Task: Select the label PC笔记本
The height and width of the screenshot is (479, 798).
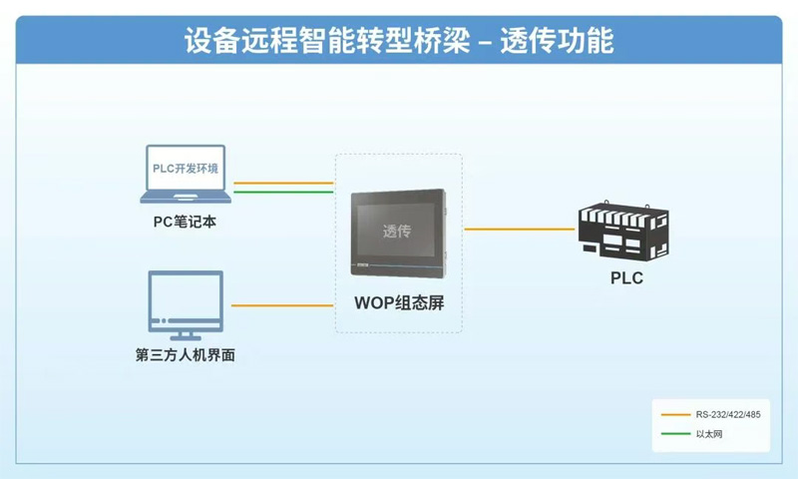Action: pos(185,222)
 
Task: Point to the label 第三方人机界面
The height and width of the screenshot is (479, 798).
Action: pos(185,354)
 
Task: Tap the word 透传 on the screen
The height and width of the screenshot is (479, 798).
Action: pos(397,232)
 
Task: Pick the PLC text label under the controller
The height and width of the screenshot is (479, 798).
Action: pos(626,278)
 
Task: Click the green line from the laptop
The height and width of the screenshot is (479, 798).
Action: pos(282,193)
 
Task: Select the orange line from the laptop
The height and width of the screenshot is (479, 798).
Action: pos(282,184)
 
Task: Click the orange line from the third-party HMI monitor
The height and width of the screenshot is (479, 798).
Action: pos(282,305)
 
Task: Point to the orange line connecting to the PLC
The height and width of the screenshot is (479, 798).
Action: pos(519,229)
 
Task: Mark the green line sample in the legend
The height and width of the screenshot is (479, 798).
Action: pos(671,434)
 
